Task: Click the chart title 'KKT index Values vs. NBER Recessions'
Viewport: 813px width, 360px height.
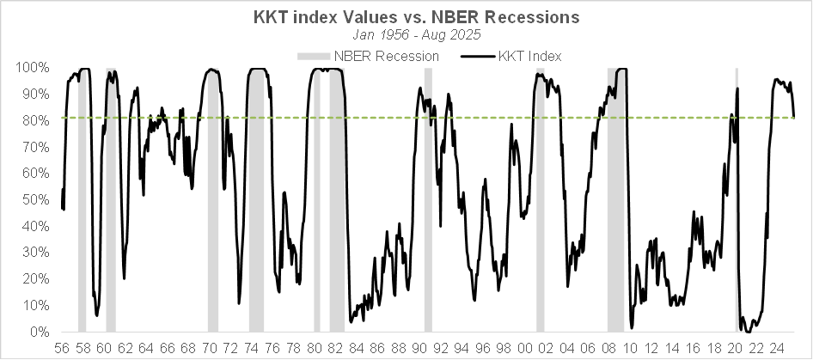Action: (406, 16)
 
